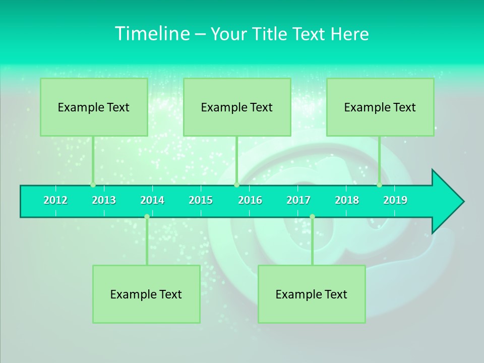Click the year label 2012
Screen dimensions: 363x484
[55, 200]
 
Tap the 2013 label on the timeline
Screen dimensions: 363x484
[104, 200]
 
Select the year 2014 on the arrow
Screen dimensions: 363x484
[152, 200]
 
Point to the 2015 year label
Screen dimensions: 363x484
[201, 200]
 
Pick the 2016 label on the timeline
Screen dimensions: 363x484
[250, 200]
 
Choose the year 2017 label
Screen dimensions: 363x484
[298, 200]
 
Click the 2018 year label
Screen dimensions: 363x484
[347, 200]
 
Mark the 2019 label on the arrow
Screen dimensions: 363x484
[395, 200]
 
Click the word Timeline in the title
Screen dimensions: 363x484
[152, 34]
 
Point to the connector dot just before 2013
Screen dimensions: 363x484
[93, 185]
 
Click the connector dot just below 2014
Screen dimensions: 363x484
[147, 216]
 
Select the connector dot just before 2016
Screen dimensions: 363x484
[236, 185]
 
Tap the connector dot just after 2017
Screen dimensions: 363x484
[312, 216]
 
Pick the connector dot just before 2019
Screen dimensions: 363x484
[379, 185]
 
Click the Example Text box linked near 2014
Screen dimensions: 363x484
[146, 294]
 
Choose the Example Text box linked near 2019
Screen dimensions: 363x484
[380, 107]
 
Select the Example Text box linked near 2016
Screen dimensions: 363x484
[237, 107]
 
